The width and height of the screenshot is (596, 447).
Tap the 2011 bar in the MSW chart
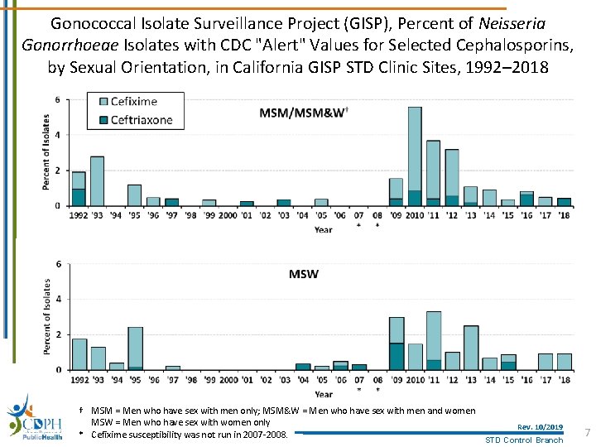(433, 340)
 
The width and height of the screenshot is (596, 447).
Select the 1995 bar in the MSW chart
(135, 348)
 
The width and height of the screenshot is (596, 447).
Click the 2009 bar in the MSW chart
(397, 343)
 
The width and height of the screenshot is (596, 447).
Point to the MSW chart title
(304, 273)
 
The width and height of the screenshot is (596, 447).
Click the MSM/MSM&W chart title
(303, 112)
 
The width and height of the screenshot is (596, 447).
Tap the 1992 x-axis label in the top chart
(79, 215)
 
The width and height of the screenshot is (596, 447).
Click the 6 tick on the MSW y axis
(58, 264)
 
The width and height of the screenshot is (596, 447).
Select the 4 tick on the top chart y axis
(57, 135)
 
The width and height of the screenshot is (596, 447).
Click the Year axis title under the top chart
(323, 229)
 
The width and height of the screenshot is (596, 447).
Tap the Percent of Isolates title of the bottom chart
(46, 317)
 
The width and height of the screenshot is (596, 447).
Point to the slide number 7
(587, 433)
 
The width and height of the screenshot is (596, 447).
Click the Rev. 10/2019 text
(540, 427)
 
